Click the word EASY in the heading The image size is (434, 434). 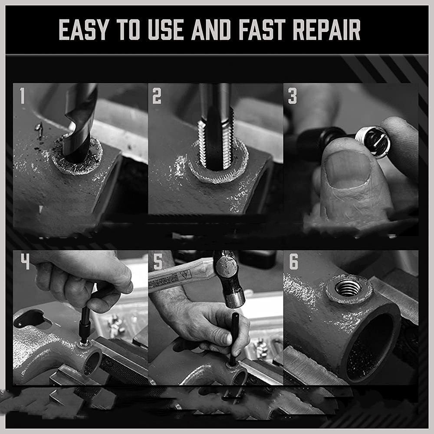tap(83, 30)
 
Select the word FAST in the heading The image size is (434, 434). tap(263, 30)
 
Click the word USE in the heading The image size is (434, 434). tap(166, 30)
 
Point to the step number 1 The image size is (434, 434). tap(22, 96)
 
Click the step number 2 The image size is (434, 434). tap(157, 96)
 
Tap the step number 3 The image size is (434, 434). tap(292, 96)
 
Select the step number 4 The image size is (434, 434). tap(25, 261)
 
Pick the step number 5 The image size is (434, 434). tap(158, 261)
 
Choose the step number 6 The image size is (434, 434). tap(293, 261)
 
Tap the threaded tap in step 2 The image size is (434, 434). tap(216, 127)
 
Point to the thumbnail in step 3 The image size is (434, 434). tap(348, 169)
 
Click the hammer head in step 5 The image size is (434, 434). tap(229, 279)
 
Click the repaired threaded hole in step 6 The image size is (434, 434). tap(349, 288)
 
